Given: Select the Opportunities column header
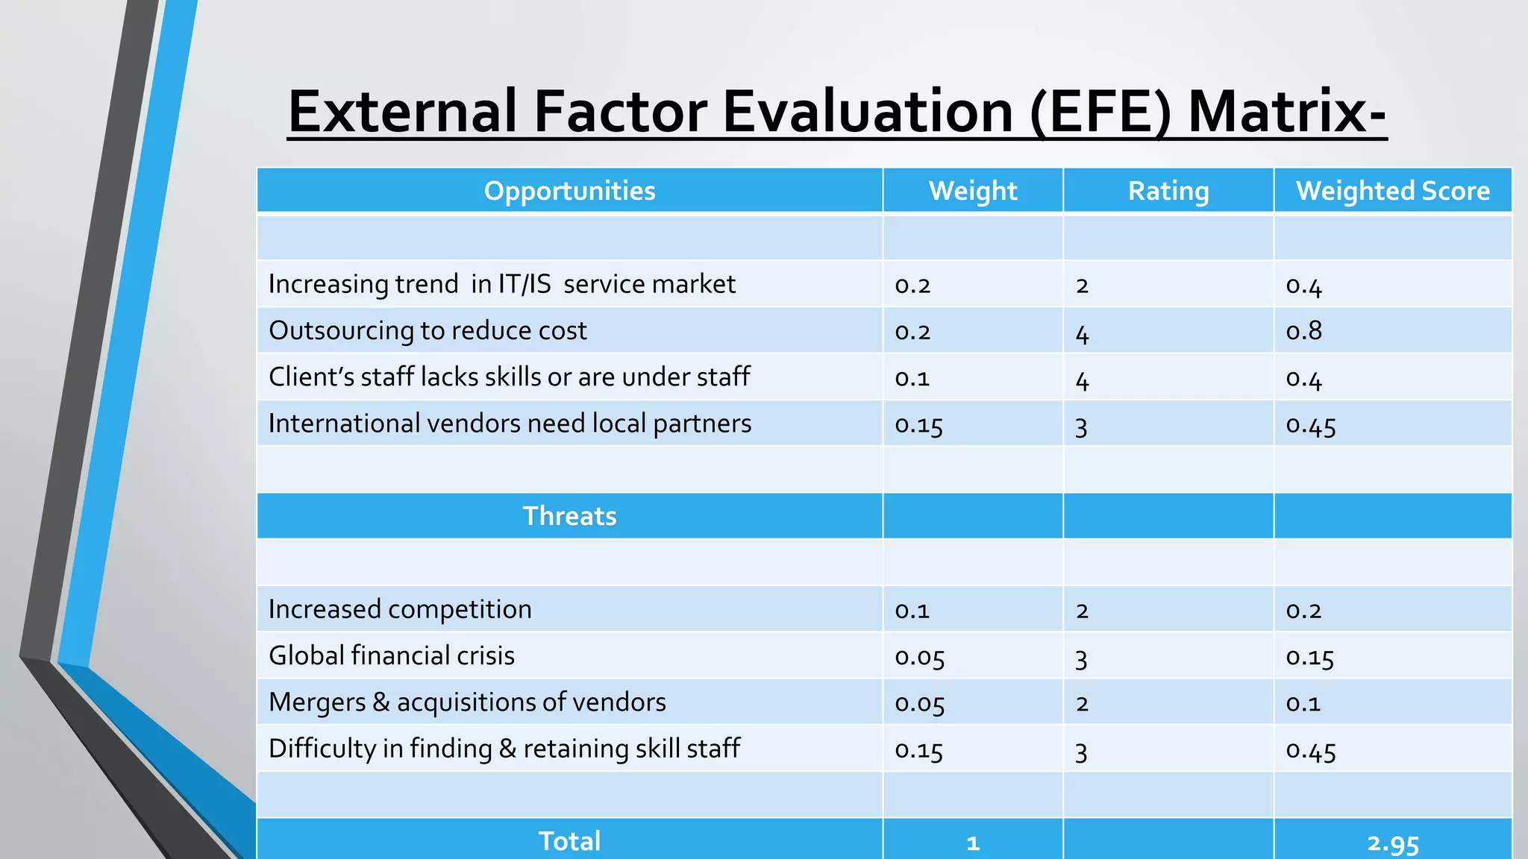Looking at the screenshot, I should [x=569, y=191].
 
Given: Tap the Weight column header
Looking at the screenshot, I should [x=972, y=191].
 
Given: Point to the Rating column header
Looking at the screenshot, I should [x=1168, y=191].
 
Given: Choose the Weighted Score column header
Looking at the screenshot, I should [x=1392, y=191].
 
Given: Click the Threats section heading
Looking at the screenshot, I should [x=569, y=516].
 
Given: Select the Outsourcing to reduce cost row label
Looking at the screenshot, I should [x=428, y=330].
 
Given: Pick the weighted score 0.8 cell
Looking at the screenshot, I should [x=1303, y=330].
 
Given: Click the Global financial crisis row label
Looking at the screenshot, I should [x=392, y=655].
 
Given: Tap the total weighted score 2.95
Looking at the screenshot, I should [x=1392, y=843].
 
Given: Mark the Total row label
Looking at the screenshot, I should [x=569, y=841].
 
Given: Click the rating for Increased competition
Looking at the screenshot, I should [x=1082, y=611].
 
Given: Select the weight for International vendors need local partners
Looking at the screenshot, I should [x=918, y=425].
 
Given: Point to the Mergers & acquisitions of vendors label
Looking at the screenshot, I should [x=467, y=702].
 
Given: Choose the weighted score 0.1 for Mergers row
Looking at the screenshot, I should [x=1303, y=703].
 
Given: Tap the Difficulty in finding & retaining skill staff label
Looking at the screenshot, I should [x=504, y=749].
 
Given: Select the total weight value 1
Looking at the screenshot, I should [x=972, y=843].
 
